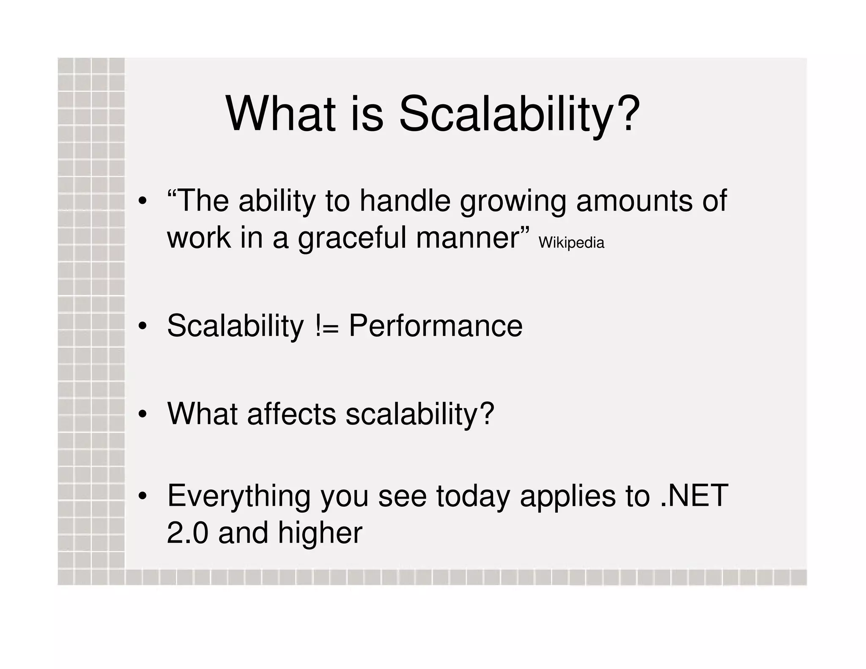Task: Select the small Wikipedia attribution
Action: click(571, 243)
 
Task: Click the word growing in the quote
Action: click(512, 202)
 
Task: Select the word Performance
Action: click(436, 326)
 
